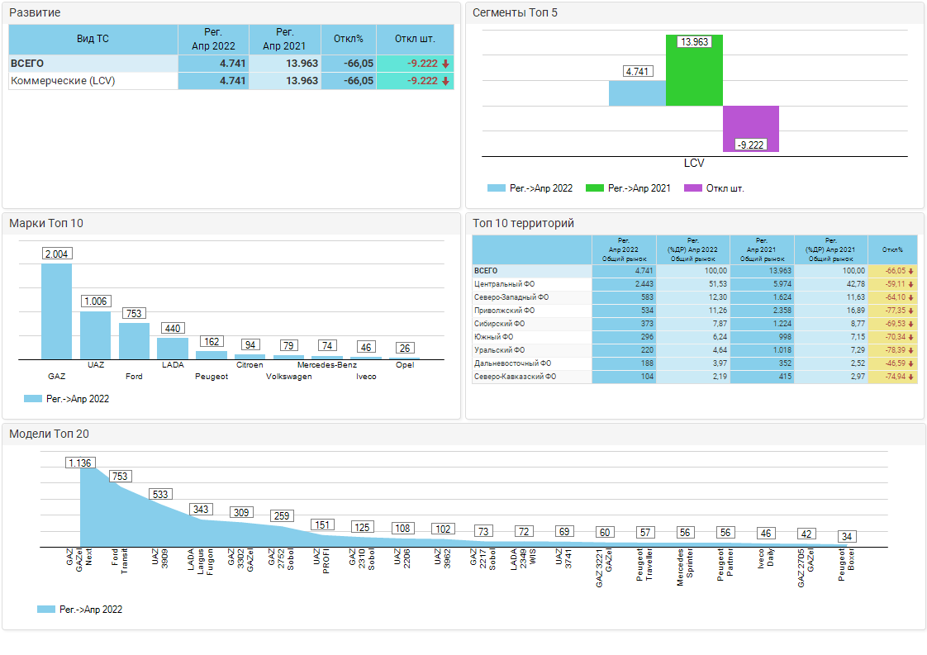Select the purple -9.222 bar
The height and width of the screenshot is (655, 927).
(x=751, y=129)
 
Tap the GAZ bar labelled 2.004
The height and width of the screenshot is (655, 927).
(x=56, y=311)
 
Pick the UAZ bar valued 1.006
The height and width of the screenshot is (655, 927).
(x=95, y=335)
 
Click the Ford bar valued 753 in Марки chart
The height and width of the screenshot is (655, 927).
(x=134, y=341)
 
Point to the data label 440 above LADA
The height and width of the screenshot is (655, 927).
(x=173, y=329)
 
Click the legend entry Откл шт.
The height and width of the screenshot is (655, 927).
(x=725, y=188)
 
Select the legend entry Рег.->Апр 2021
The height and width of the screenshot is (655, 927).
(x=639, y=188)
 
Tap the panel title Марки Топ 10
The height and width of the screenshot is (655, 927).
(x=46, y=223)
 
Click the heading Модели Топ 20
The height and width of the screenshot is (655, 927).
(x=49, y=434)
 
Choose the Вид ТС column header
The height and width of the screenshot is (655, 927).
(x=93, y=39)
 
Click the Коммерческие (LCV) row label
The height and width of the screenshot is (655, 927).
(x=63, y=81)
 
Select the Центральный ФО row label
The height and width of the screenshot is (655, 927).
(x=504, y=284)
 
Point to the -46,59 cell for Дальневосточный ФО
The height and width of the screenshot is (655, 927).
(x=892, y=363)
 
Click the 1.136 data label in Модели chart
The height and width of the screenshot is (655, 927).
(x=80, y=463)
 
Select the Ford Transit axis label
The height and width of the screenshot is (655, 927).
(x=120, y=558)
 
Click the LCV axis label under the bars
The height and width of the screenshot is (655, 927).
(x=694, y=164)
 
